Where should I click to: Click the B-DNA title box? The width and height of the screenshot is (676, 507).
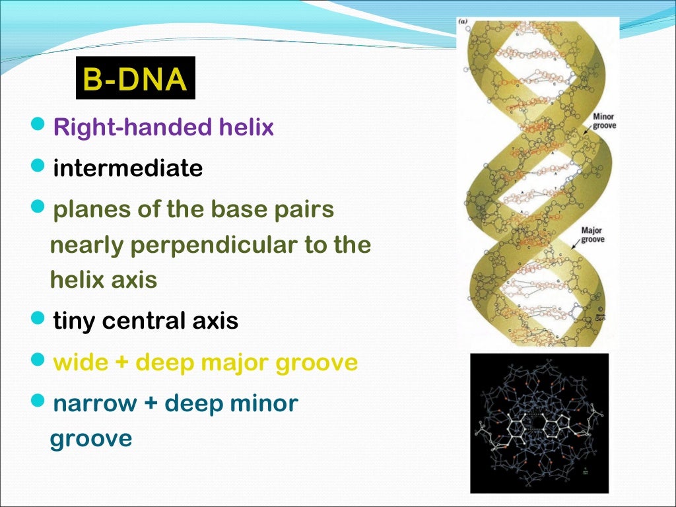pyautogui.click(x=135, y=79)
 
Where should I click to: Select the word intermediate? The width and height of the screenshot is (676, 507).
pyautogui.click(x=127, y=168)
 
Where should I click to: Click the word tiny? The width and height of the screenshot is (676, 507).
pyautogui.click(x=75, y=321)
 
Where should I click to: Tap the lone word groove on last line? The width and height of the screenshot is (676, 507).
pyautogui.click(x=91, y=439)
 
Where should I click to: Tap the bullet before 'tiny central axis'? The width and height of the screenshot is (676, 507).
pyautogui.click(x=39, y=321)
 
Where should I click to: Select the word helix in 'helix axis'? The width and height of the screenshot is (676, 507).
pyautogui.click(x=75, y=281)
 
